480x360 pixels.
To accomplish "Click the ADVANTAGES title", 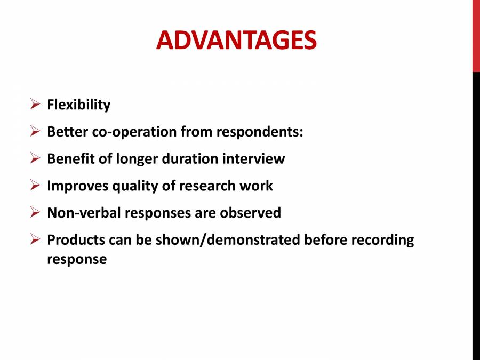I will (x=236, y=40).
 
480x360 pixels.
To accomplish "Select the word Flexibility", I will (x=78, y=105).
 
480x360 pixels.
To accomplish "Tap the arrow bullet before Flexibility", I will (x=35, y=104).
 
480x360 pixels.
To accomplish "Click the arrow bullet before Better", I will (x=35, y=131).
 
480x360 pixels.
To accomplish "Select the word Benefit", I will (x=67, y=159).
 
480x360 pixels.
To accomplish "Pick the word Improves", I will (x=77, y=186).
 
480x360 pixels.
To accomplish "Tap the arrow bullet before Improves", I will (x=35, y=186).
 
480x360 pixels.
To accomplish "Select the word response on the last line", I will (x=77, y=260).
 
